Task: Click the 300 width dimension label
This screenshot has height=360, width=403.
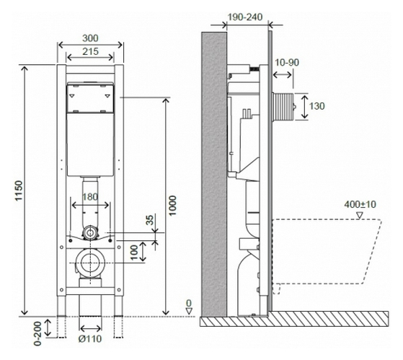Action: pyautogui.click(x=90, y=38)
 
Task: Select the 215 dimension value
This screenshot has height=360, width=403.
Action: pyautogui.click(x=90, y=51)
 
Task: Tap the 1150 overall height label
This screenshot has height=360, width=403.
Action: pyautogui.click(x=19, y=190)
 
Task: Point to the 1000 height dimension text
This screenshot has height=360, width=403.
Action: pyautogui.click(x=173, y=206)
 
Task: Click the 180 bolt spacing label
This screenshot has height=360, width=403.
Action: pyautogui.click(x=90, y=197)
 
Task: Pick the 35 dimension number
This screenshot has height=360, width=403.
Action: pyautogui.click(x=150, y=220)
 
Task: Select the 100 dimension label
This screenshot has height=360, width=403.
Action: pyautogui.click(x=134, y=253)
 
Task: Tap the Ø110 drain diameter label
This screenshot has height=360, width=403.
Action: pyautogui.click(x=90, y=338)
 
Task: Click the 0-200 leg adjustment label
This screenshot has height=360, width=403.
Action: pyautogui.click(x=37, y=333)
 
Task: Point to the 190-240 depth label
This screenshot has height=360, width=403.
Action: pyautogui.click(x=245, y=17)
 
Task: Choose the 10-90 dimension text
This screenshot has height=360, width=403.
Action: pyautogui.click(x=287, y=63)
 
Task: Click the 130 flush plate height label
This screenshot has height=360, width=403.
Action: pyautogui.click(x=316, y=106)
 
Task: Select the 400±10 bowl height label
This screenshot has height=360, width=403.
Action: pyautogui.click(x=360, y=204)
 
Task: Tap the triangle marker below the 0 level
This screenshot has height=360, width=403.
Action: pyautogui.click(x=189, y=311)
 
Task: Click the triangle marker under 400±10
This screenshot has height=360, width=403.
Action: pyautogui.click(x=360, y=216)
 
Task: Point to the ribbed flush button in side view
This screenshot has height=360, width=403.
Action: pyautogui.click(x=284, y=107)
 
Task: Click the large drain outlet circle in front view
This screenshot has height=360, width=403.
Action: pyautogui.click(x=90, y=263)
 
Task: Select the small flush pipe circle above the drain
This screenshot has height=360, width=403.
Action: pyautogui.click(x=90, y=233)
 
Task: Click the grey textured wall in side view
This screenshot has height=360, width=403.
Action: pyautogui.click(x=214, y=175)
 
